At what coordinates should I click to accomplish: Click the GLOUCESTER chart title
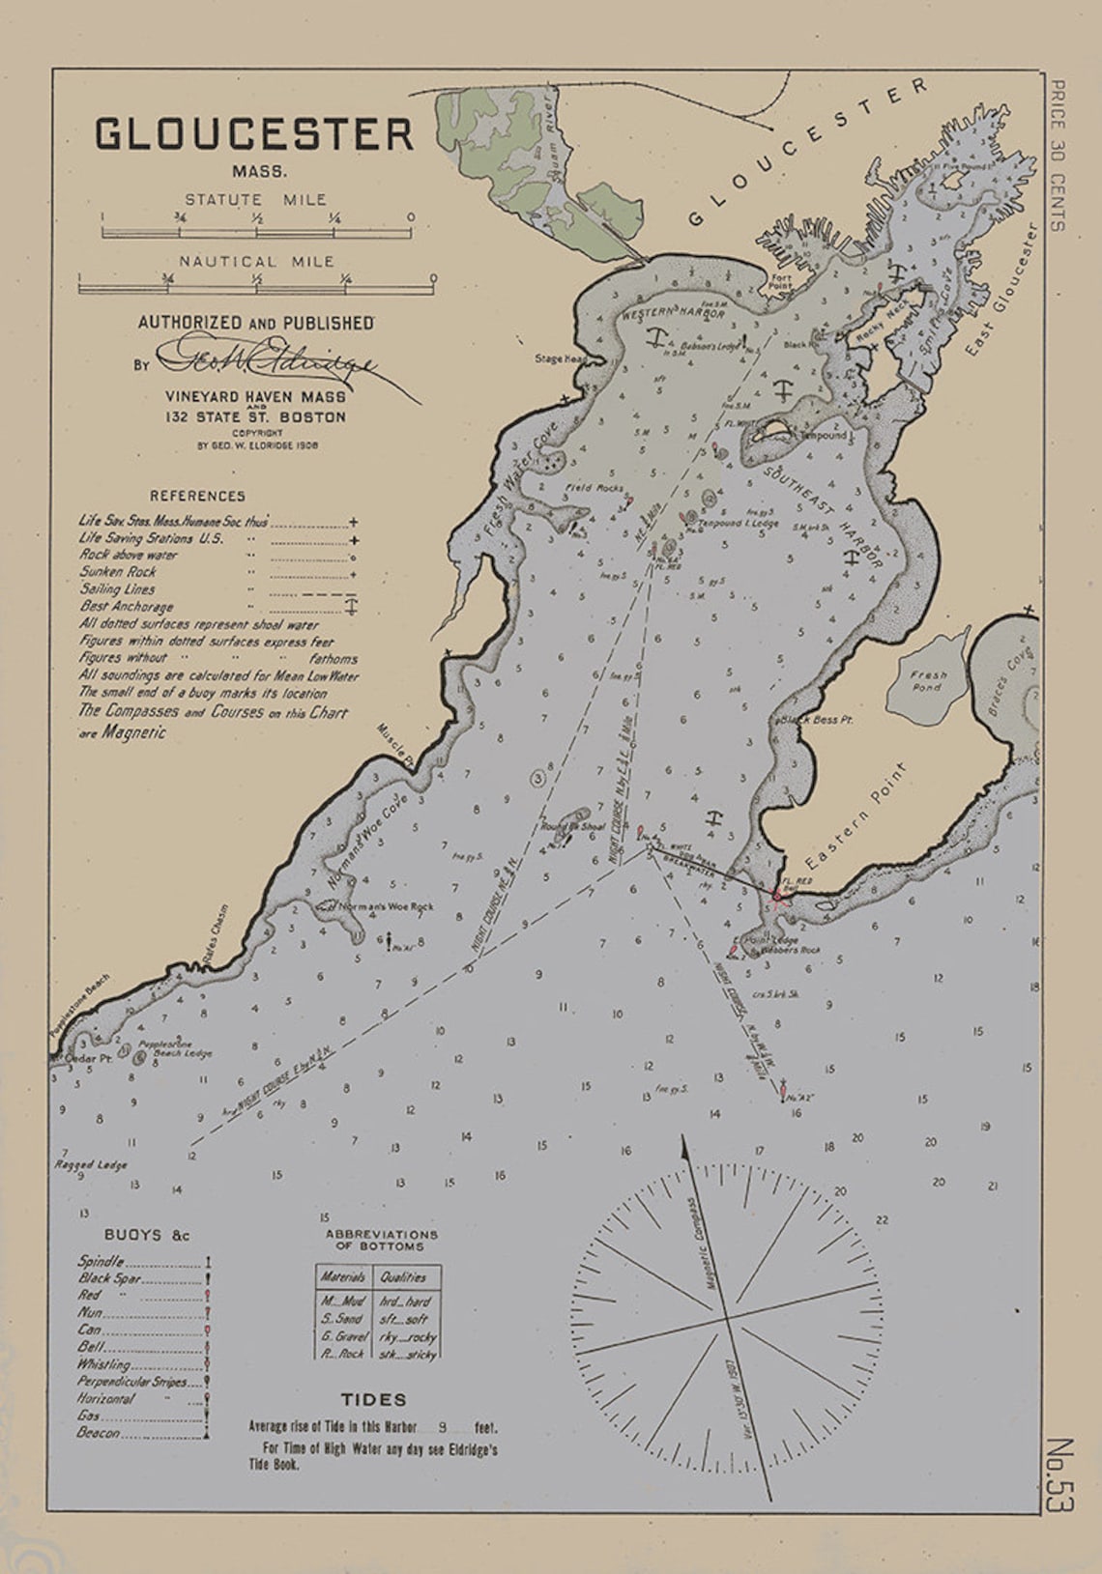[254, 133]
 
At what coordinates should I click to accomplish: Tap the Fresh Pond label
[928, 680]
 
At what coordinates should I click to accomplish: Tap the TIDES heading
[373, 1399]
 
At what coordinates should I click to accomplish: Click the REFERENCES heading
[197, 496]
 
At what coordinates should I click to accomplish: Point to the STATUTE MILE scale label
[256, 199]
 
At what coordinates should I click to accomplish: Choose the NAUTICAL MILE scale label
[256, 261]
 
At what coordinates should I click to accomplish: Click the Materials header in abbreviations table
[343, 1276]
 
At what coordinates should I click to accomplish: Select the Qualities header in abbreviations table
[403, 1276]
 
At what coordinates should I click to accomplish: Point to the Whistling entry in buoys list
[103, 1364]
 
